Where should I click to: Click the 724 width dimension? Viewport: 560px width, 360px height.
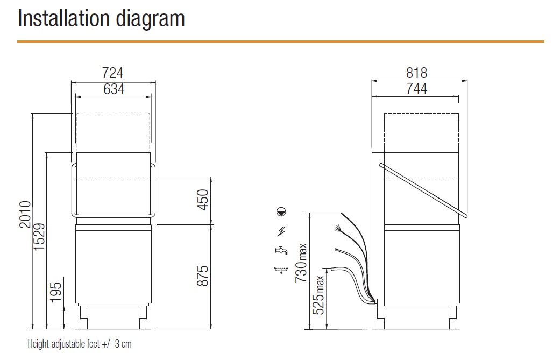[x=113, y=73]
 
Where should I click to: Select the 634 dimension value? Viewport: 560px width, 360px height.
[x=114, y=89]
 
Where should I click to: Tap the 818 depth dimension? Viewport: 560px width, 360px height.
[x=416, y=73]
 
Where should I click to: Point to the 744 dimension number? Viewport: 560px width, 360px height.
[x=416, y=89]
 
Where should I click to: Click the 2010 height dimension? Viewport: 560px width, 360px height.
[x=25, y=214]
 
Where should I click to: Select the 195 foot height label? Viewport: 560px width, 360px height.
[x=56, y=292]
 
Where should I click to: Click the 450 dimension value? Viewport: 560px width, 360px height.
[x=202, y=200]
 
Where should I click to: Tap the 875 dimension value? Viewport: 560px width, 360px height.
[x=202, y=276]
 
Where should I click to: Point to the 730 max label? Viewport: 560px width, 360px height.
[x=301, y=263]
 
